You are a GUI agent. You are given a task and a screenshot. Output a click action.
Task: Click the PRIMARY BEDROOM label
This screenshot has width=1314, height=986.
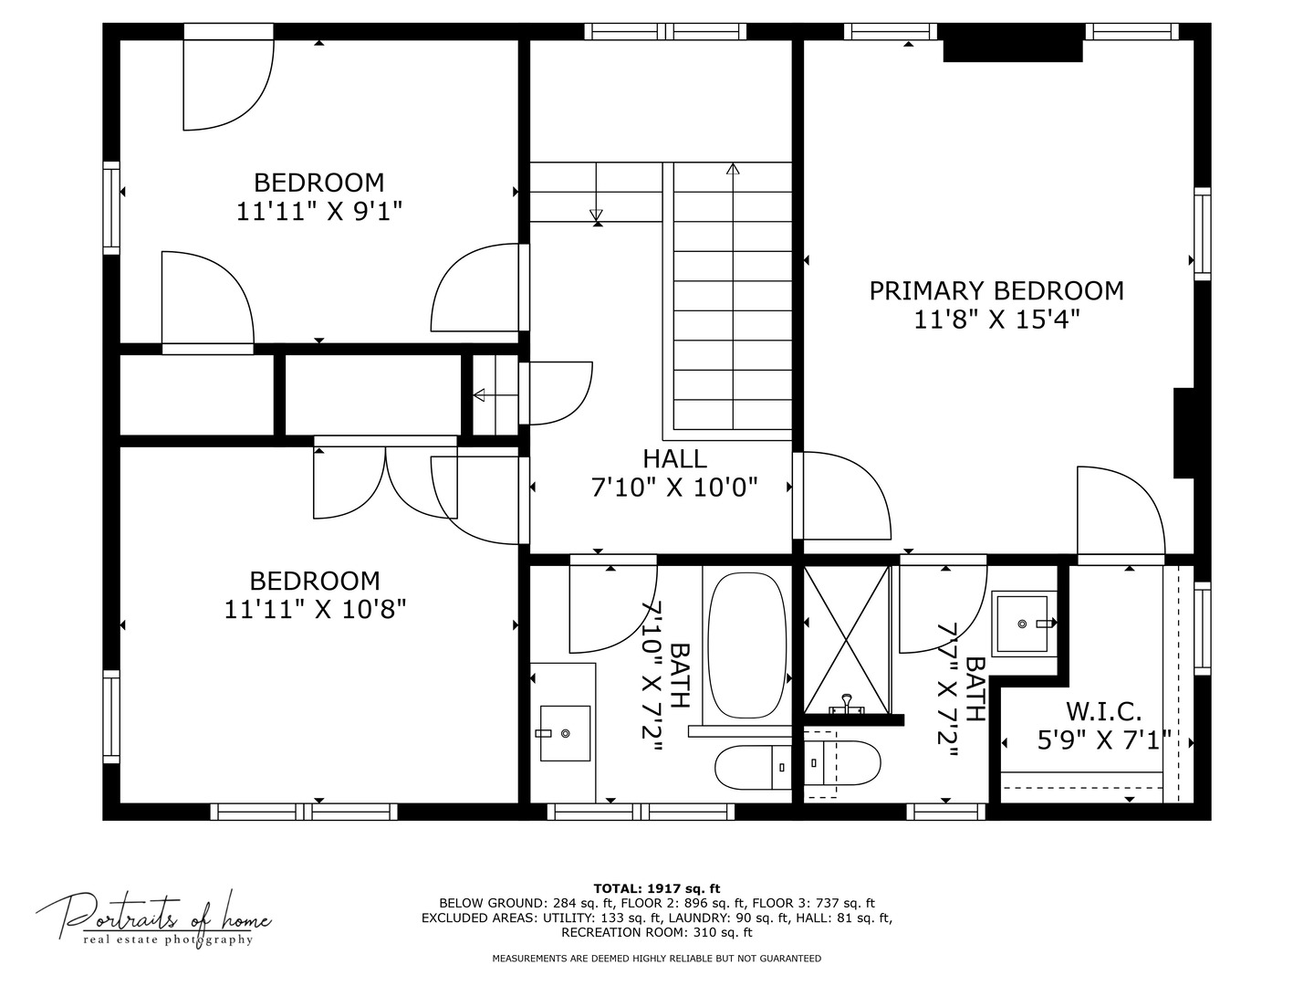point(996,291)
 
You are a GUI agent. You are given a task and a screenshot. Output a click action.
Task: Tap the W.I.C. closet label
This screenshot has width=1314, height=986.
point(1103,711)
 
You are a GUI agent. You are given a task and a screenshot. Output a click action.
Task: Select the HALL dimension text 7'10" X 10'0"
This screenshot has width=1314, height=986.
point(674,488)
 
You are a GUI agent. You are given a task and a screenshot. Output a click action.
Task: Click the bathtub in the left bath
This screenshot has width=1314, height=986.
point(746,645)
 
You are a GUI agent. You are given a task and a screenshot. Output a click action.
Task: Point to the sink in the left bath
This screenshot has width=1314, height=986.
point(565,733)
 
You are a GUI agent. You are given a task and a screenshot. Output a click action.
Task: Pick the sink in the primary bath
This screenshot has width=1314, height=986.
point(1023,624)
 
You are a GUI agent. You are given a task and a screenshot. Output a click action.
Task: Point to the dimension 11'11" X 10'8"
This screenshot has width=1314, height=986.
point(315,609)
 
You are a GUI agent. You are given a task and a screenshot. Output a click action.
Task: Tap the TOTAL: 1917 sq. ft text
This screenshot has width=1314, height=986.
point(656,887)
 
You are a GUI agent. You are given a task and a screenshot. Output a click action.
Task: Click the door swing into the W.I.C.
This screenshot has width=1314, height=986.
point(1120,511)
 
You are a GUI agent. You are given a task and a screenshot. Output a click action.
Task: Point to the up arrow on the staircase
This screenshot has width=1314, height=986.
point(732,170)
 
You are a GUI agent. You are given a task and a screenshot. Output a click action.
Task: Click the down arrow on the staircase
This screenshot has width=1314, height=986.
point(597,215)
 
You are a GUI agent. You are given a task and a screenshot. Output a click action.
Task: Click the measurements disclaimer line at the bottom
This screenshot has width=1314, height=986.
point(656,959)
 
